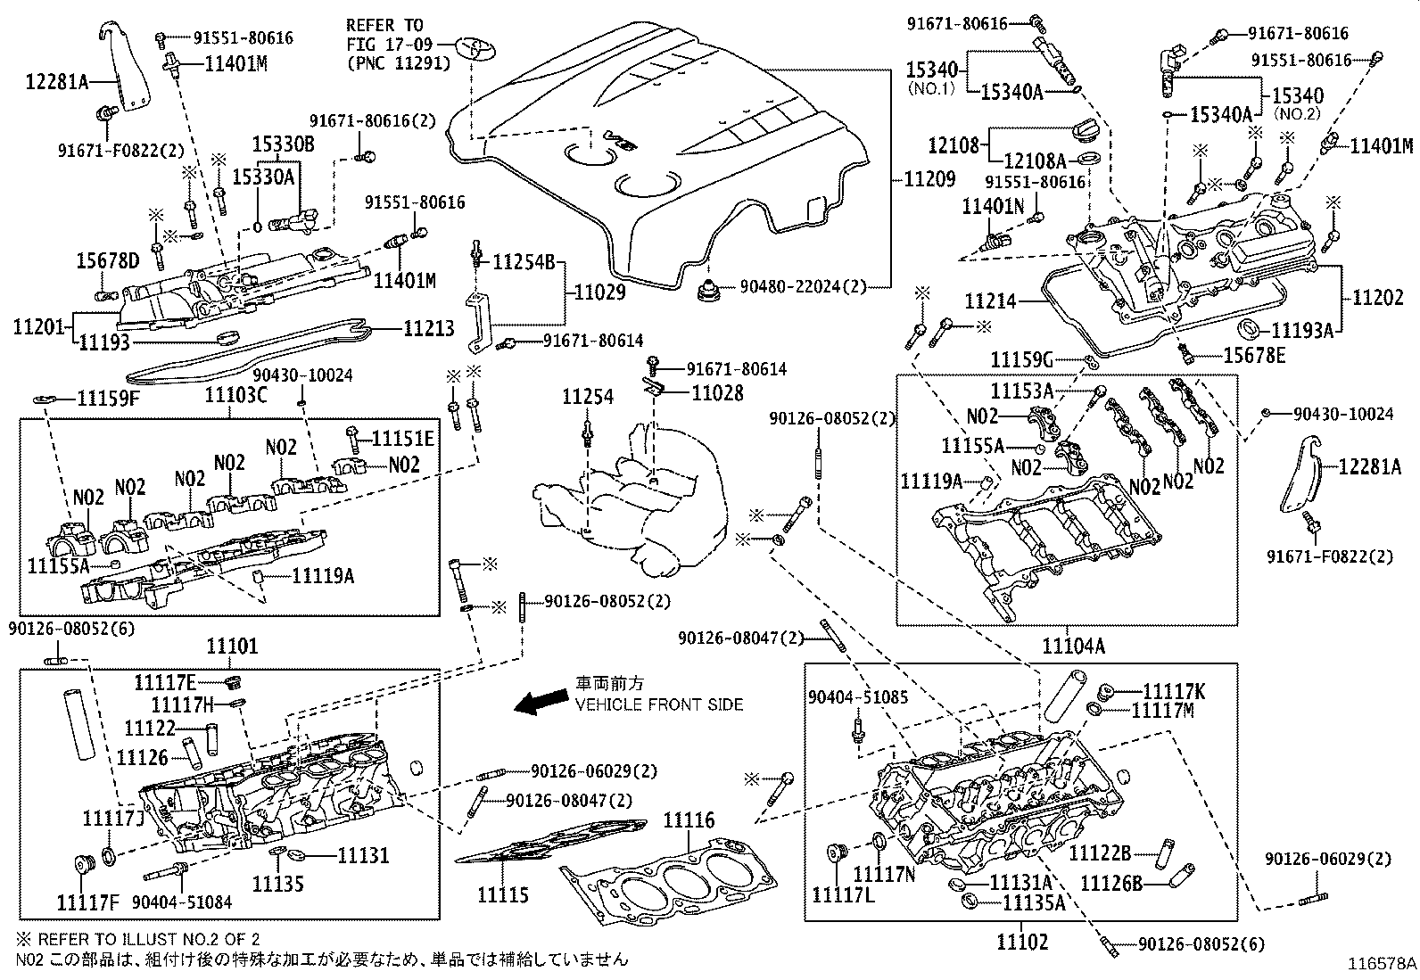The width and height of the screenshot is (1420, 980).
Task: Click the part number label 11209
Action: (929, 179)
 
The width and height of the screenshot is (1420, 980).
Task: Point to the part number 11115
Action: (502, 894)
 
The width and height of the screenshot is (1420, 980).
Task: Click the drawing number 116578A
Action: (1382, 964)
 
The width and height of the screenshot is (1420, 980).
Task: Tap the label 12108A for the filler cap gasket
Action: (1035, 161)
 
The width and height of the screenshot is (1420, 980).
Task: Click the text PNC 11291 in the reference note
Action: (397, 63)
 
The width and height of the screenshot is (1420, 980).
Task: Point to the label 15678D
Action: (107, 261)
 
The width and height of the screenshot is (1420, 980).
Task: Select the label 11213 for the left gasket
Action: (428, 329)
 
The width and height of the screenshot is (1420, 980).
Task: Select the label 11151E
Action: (402, 439)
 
